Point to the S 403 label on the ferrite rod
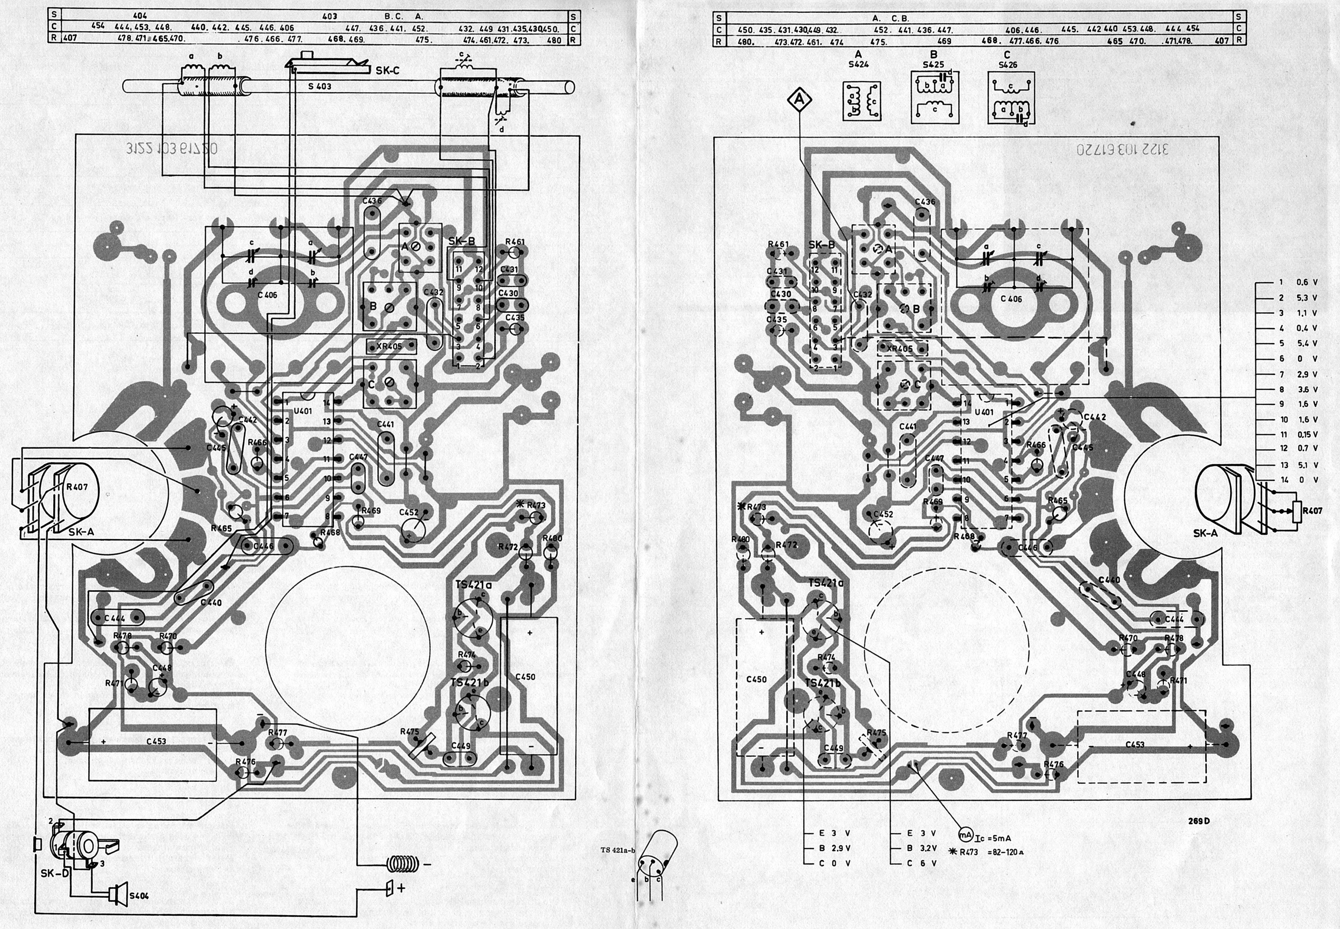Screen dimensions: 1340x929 [x=320, y=86]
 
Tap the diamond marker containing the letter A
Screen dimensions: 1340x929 [x=799, y=100]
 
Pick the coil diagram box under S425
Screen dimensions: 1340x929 [x=934, y=97]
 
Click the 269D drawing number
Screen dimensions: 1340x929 [x=1199, y=821]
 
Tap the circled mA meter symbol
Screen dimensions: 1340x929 [x=966, y=834]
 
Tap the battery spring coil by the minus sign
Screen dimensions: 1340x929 [x=404, y=864]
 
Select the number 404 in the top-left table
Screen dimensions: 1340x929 [x=140, y=16]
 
